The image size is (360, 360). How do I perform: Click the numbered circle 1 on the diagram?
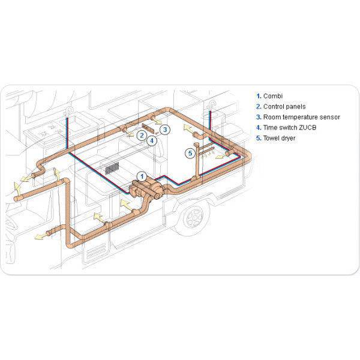[x=142, y=176]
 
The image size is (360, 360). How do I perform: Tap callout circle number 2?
[x=142, y=135]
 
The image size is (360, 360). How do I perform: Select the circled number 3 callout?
[x=166, y=129]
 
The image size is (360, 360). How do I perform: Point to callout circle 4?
[x=152, y=140]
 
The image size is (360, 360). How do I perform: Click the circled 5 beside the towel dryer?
[x=190, y=153]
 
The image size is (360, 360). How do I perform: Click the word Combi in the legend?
[x=273, y=95]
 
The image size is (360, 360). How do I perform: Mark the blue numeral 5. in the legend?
[x=259, y=138]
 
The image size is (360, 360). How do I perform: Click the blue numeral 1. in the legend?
[x=259, y=95]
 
